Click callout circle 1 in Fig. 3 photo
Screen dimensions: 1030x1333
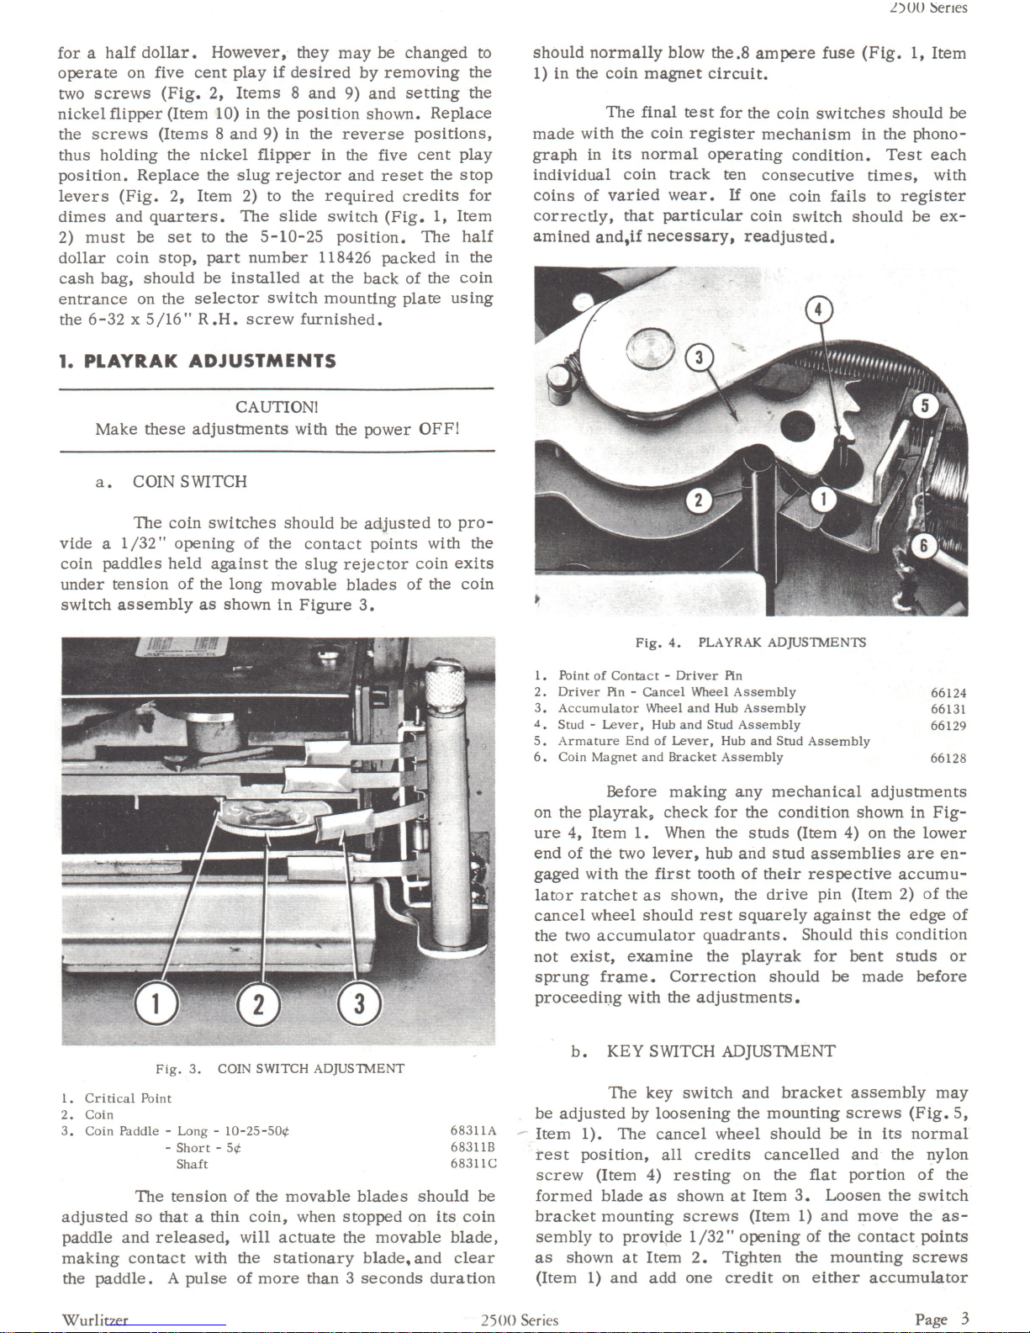(x=156, y=1004)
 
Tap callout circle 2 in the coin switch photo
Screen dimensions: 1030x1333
(x=258, y=1005)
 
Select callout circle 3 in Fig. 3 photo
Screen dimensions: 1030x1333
(x=360, y=1004)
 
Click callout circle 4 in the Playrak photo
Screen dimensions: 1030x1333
(x=818, y=310)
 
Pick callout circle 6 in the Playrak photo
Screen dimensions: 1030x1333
(x=923, y=545)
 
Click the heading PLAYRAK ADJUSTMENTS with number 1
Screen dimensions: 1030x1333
(x=198, y=361)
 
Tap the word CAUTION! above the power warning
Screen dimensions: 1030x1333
(x=277, y=407)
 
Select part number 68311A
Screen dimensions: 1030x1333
(x=473, y=1130)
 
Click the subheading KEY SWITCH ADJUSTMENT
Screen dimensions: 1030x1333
(x=721, y=1051)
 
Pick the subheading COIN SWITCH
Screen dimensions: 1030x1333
(x=190, y=482)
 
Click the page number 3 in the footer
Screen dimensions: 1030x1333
(x=965, y=1318)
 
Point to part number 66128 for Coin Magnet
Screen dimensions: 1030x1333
(x=948, y=759)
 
